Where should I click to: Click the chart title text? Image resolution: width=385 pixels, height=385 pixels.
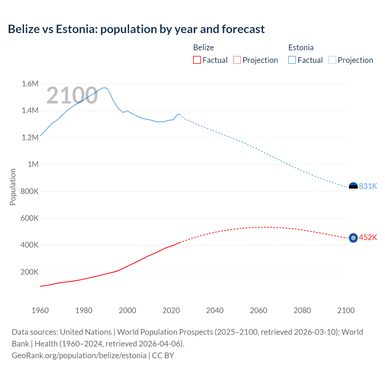[136, 29]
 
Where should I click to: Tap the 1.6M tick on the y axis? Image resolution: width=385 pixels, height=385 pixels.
[30, 84]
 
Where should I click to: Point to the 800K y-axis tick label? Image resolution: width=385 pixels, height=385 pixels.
[29, 191]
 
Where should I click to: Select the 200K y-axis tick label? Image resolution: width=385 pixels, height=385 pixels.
[29, 272]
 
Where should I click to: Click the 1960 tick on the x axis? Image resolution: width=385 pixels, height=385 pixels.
[40, 310]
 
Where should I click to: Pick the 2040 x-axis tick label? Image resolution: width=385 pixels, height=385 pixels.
[215, 310]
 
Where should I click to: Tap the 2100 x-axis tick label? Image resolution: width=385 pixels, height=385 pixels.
[346, 310]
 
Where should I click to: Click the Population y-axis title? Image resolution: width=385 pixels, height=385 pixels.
[13, 187]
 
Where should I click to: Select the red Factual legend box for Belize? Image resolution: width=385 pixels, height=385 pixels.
[197, 60]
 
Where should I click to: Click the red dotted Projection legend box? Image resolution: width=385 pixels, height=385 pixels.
[237, 60]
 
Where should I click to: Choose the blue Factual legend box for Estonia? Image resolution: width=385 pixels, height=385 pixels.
[292, 60]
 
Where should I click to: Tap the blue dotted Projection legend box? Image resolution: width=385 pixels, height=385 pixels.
[332, 60]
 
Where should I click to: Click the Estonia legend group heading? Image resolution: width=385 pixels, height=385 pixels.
[301, 48]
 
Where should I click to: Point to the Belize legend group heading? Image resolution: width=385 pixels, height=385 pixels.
[203, 48]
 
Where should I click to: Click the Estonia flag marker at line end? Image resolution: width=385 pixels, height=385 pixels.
[353, 187]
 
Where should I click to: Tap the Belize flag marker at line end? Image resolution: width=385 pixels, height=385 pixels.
[353, 238]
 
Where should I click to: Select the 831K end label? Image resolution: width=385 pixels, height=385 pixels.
[368, 186]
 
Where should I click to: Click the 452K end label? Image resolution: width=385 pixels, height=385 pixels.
[368, 238]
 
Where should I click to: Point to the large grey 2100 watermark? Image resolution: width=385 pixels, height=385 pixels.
[72, 95]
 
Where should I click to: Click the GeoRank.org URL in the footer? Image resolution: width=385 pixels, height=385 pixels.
[79, 356]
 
